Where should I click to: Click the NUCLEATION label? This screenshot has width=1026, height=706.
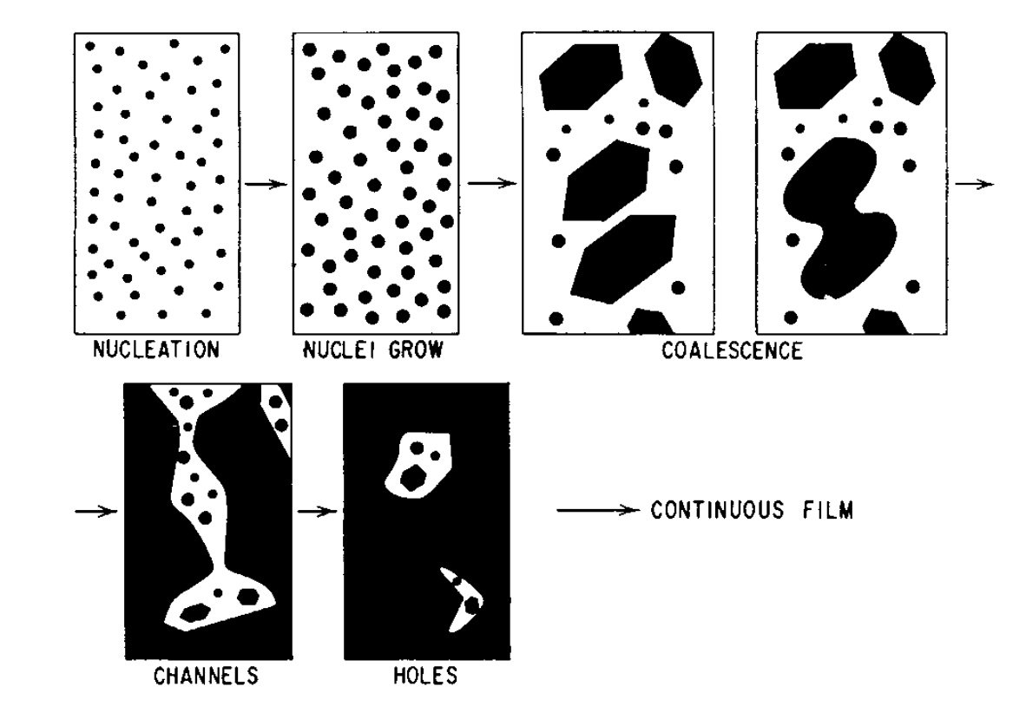point(155,350)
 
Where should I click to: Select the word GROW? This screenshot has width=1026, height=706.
point(416,350)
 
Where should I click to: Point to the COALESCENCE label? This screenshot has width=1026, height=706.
point(732,351)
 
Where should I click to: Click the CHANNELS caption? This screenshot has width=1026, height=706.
point(206,676)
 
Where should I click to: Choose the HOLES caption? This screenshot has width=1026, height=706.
point(425,676)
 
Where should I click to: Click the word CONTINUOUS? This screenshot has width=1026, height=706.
point(717,510)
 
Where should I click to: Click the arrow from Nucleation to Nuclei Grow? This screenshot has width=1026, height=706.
point(266,184)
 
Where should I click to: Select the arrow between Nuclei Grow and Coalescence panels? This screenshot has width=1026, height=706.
point(492,183)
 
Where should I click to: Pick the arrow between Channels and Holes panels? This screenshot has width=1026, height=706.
point(318,511)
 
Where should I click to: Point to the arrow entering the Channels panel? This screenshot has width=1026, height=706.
point(96,511)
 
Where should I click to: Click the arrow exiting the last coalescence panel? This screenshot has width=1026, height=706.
point(974,184)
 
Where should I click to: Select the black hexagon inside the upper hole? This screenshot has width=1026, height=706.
point(413,477)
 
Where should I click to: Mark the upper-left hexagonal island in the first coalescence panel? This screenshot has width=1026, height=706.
point(580,75)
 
